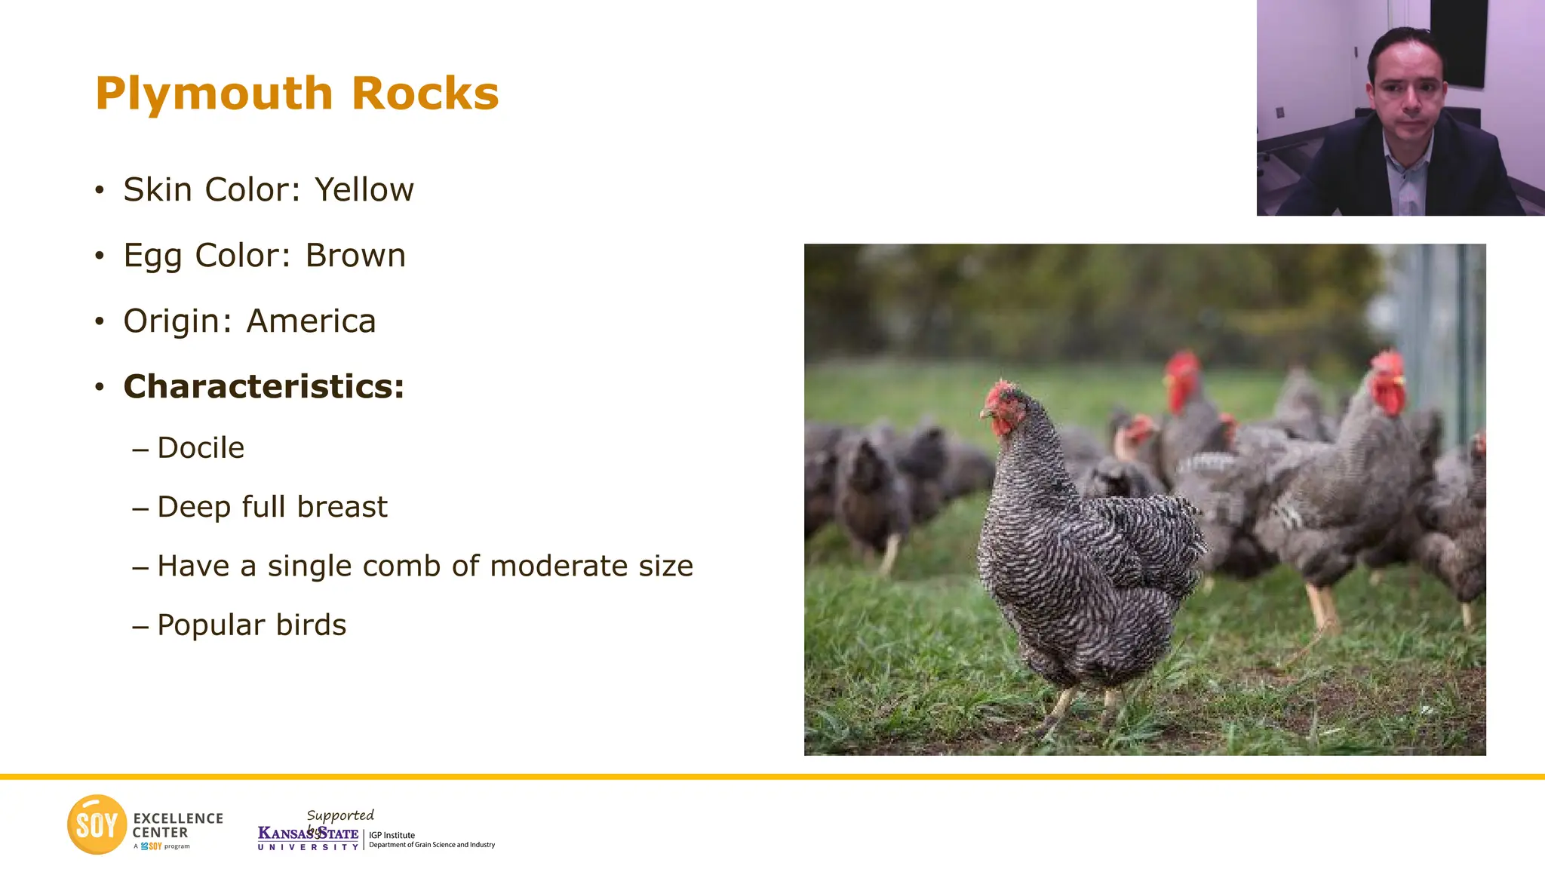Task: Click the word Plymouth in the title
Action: pyautogui.click(x=213, y=94)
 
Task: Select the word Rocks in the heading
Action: pyautogui.click(x=425, y=94)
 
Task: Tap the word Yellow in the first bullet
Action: pyautogui.click(x=364, y=189)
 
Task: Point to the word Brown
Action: pyautogui.click(x=355, y=256)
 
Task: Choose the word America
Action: pyautogui.click(x=311, y=321)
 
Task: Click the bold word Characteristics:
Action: pyautogui.click(x=264, y=386)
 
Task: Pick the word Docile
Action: pyautogui.click(x=201, y=448)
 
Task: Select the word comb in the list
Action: pyautogui.click(x=403, y=566)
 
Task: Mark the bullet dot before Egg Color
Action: pyautogui.click(x=100, y=256)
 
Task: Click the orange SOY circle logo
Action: pyautogui.click(x=97, y=824)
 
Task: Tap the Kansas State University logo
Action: pyautogui.click(x=308, y=838)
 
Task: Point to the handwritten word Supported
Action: pyautogui.click(x=340, y=815)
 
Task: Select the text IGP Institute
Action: pyautogui.click(x=392, y=835)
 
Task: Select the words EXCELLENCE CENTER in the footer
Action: pyautogui.click(x=178, y=825)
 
